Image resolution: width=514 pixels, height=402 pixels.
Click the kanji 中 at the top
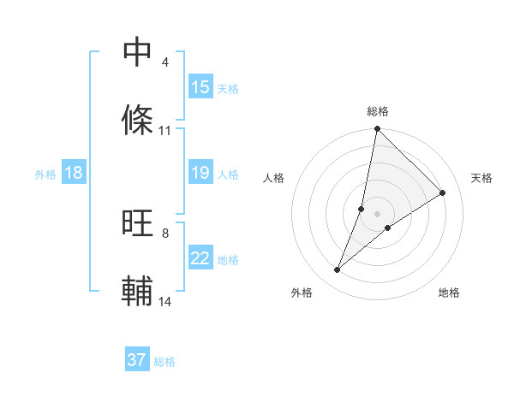click(x=138, y=52)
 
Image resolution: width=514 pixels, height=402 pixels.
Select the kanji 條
click(x=138, y=121)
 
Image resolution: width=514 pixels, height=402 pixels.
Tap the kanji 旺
click(x=138, y=223)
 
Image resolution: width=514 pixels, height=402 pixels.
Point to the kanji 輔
click(x=138, y=292)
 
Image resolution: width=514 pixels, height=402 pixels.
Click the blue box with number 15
click(x=200, y=87)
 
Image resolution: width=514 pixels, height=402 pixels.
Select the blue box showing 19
click(x=200, y=173)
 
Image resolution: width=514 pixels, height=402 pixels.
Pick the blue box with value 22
click(x=200, y=258)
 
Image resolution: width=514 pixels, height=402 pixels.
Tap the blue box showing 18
click(x=74, y=173)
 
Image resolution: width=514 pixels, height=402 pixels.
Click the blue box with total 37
click(x=137, y=360)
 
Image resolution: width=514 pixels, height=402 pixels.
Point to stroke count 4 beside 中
click(x=164, y=62)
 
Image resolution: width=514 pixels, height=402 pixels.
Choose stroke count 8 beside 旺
click(x=164, y=233)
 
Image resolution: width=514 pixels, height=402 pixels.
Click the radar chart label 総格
click(x=378, y=111)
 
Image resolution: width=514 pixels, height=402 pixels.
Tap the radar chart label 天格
click(x=482, y=178)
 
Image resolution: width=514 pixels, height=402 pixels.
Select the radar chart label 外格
click(x=301, y=293)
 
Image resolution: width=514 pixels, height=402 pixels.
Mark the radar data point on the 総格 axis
click(x=378, y=130)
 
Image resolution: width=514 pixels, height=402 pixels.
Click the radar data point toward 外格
click(x=338, y=270)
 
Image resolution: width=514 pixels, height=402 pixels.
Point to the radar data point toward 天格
click(x=443, y=193)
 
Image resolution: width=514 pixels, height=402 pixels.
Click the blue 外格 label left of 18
click(x=45, y=174)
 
